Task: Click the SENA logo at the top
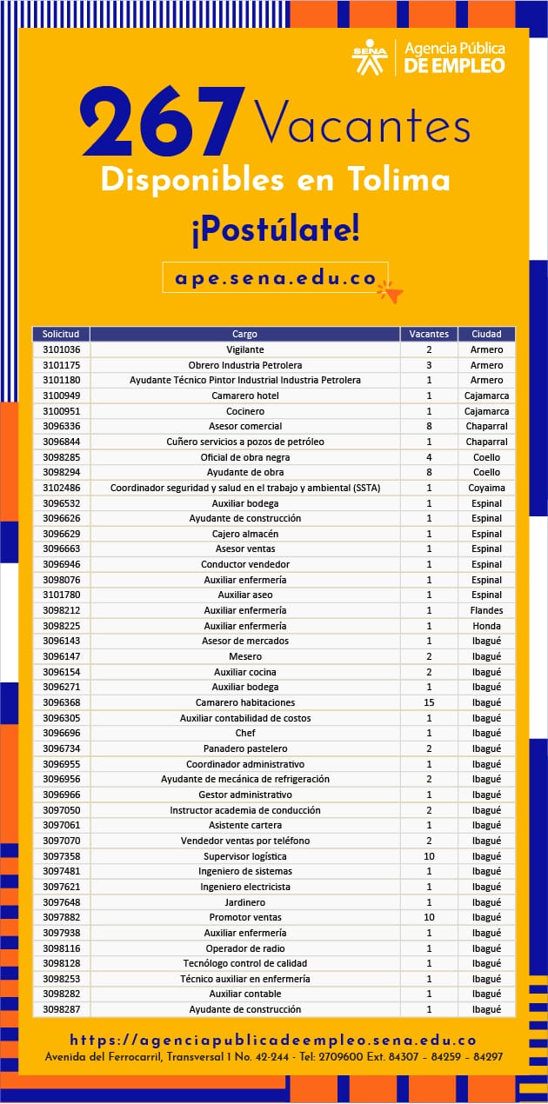click(x=370, y=57)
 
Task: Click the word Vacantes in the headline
click(x=362, y=123)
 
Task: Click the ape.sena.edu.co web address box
click(x=275, y=278)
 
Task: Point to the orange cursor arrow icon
click(x=391, y=292)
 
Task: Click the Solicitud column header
click(x=61, y=334)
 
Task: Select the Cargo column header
click(x=244, y=334)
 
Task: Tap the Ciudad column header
click(x=486, y=334)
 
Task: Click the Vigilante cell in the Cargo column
click(x=244, y=349)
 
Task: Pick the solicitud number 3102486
click(x=61, y=488)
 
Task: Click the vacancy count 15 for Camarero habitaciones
click(x=429, y=702)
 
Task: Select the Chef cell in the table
click(x=244, y=733)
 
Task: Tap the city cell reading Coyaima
click(x=486, y=488)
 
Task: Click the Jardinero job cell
click(x=244, y=902)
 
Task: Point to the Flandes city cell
click(x=486, y=610)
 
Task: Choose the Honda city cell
click(x=486, y=626)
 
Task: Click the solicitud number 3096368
click(x=61, y=702)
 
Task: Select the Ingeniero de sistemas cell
click(x=244, y=871)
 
